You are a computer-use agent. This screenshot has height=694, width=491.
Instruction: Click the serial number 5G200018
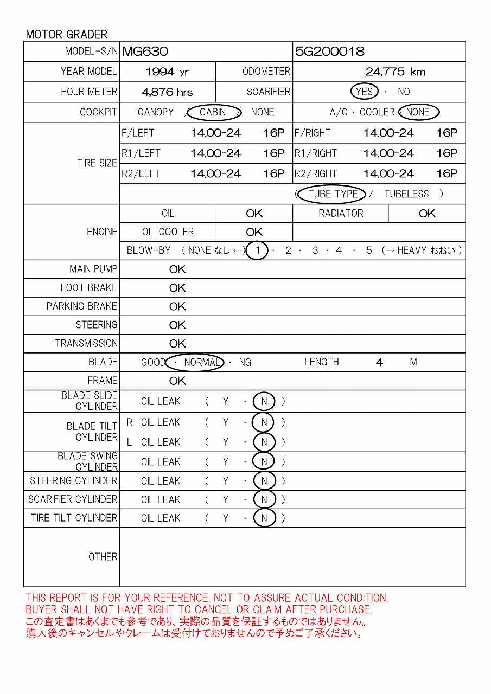click(x=329, y=52)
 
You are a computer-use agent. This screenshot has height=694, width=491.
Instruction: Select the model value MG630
click(x=145, y=52)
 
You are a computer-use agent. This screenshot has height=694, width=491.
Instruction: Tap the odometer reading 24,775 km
click(x=395, y=72)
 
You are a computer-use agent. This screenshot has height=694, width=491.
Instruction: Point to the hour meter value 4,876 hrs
click(x=167, y=92)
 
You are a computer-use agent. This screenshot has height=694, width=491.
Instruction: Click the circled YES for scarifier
click(x=364, y=92)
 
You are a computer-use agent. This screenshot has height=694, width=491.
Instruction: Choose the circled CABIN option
click(x=213, y=112)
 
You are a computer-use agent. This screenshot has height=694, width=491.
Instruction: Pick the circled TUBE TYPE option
click(x=333, y=194)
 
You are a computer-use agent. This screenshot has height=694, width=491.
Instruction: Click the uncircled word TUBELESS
click(x=406, y=194)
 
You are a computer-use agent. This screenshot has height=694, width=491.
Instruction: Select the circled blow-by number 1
click(x=258, y=250)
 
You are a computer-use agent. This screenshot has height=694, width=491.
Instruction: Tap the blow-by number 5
click(x=369, y=250)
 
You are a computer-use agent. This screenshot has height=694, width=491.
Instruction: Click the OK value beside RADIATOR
click(x=427, y=214)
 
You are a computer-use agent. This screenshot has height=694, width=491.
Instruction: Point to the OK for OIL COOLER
click(x=254, y=232)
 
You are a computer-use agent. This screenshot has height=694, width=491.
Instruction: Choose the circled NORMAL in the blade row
click(x=201, y=362)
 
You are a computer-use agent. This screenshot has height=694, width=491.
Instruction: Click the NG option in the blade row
click(x=245, y=362)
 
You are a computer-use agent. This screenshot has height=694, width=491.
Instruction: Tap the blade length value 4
click(x=379, y=362)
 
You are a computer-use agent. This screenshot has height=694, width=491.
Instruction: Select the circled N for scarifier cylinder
click(x=264, y=499)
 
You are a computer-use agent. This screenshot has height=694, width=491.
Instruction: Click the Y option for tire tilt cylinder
click(x=226, y=518)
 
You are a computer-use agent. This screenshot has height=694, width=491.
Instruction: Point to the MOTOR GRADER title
click(x=67, y=35)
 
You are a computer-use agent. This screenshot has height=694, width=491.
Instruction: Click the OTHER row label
click(x=103, y=557)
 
